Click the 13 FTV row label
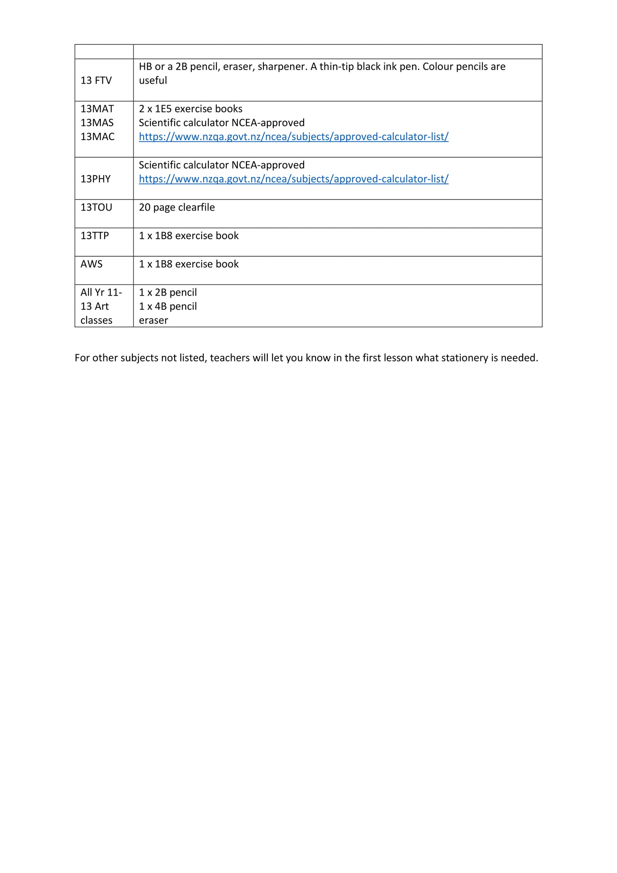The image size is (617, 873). click(96, 81)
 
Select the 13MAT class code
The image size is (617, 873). click(97, 109)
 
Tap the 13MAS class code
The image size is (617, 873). click(97, 123)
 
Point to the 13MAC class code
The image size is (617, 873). click(97, 137)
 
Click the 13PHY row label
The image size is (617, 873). click(96, 179)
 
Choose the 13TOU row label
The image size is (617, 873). click(96, 208)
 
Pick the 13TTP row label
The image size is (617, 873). click(95, 236)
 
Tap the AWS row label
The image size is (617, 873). click(91, 264)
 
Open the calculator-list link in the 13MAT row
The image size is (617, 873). click(293, 137)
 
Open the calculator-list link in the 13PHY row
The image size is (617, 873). click(293, 179)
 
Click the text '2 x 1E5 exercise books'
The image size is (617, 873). click(190, 109)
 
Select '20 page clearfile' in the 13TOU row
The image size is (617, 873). click(177, 208)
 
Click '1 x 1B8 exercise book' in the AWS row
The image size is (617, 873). click(189, 264)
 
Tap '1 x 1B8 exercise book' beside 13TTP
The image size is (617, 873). click(189, 236)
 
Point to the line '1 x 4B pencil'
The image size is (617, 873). click(168, 307)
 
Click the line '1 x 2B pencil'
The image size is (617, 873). click(168, 293)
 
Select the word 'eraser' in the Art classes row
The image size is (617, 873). click(153, 321)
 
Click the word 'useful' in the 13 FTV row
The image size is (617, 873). click(153, 81)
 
